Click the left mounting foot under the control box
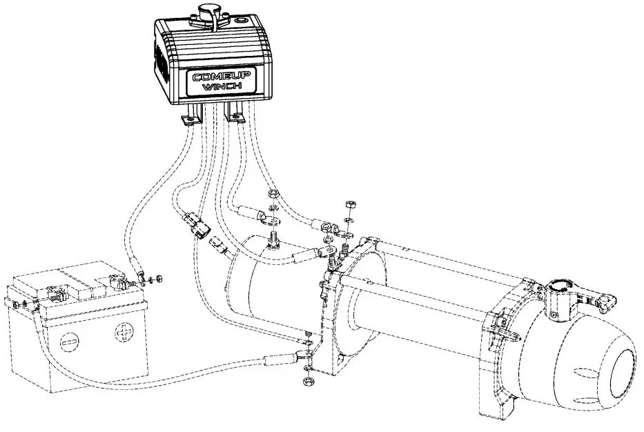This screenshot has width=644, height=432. click(191, 119)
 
